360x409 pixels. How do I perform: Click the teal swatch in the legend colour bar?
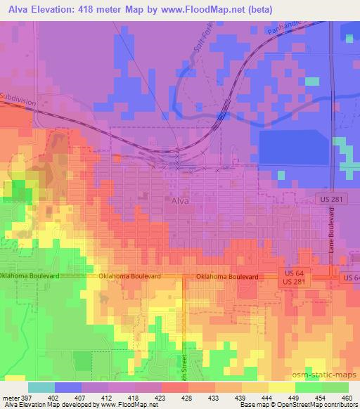41,387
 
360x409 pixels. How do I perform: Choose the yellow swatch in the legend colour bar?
281,387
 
